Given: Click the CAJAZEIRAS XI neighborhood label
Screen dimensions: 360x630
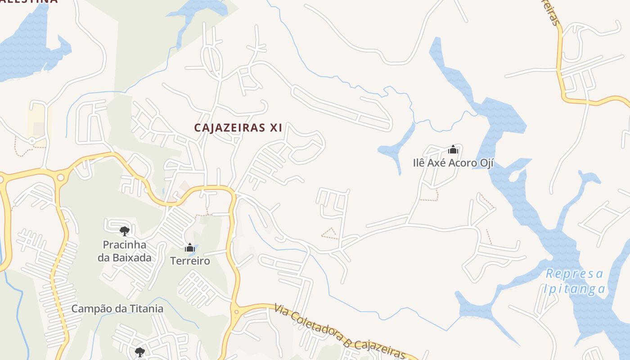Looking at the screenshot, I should (238, 128).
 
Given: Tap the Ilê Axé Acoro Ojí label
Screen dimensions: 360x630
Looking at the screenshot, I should (453, 163).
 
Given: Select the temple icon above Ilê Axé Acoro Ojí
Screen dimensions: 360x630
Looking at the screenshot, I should (453, 149).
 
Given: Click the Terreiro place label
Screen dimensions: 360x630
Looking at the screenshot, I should (190, 261).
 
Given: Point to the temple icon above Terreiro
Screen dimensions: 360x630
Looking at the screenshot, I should (190, 247).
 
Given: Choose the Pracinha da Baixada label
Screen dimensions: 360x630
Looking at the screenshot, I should (125, 251).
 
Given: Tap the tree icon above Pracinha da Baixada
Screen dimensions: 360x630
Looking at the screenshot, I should (125, 231).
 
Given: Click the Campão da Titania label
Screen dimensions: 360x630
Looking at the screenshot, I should (117, 309).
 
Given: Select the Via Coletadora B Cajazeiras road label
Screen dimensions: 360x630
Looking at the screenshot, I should (340, 332).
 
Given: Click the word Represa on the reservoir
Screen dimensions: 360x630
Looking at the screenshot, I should (574, 274).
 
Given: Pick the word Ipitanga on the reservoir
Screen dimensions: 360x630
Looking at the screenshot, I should (574, 289).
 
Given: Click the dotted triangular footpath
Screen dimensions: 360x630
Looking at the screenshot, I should (330, 233).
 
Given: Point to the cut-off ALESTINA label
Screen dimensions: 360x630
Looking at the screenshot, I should (29, 1).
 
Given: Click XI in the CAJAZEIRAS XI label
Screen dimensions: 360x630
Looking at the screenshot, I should (276, 128).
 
